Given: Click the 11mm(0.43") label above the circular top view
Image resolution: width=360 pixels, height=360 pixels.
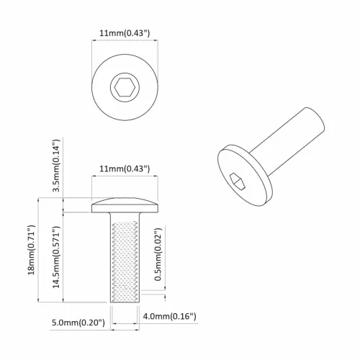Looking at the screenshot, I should (x=124, y=33).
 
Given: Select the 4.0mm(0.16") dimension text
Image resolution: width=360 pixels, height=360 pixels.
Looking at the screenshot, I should (x=170, y=317).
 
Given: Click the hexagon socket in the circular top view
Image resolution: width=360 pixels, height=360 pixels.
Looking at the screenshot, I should (x=124, y=89).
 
